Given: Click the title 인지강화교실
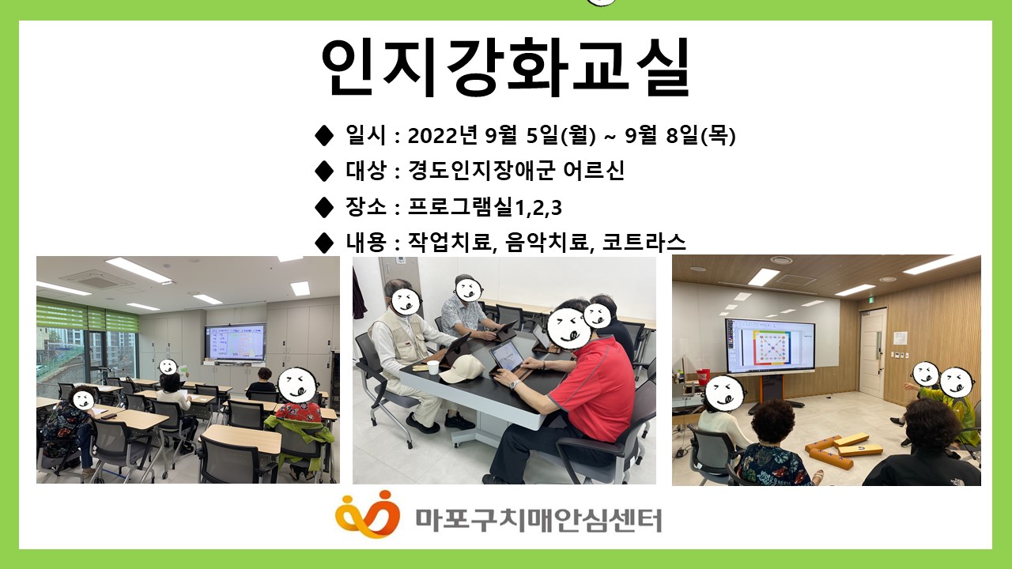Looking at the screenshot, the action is [x=505, y=67].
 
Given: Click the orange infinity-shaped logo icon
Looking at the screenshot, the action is [x=368, y=514].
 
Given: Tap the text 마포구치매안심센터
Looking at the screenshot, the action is [x=538, y=520].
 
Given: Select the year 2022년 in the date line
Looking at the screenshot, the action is [x=442, y=135].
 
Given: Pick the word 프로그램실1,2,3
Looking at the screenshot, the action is [x=485, y=207].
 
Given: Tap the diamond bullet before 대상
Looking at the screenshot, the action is [x=323, y=171].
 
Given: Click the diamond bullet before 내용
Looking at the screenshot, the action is [x=323, y=243].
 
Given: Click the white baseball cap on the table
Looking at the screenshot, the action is [x=461, y=368].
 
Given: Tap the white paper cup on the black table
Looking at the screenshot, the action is [x=432, y=367].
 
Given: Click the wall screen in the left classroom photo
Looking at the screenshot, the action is [x=235, y=341].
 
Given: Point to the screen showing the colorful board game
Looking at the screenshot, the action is [x=770, y=345].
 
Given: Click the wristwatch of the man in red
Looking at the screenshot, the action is [x=513, y=384].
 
